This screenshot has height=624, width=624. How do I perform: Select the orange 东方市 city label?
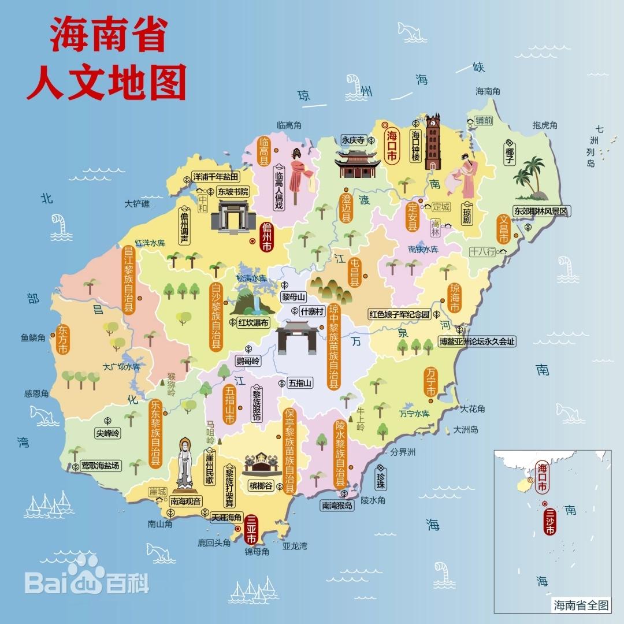pyautogui.click(x=62, y=340)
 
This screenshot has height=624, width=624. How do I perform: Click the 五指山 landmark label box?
pyautogui.click(x=300, y=382)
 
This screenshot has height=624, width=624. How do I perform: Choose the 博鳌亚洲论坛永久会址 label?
pyautogui.click(x=477, y=341)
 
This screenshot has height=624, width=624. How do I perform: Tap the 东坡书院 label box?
pyautogui.click(x=232, y=191)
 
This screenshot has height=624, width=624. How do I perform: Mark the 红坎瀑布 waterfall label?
pyautogui.click(x=253, y=322)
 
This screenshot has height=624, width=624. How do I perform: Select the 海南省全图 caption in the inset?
pyautogui.click(x=581, y=605)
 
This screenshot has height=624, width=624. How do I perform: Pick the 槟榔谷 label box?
pyautogui.click(x=261, y=485)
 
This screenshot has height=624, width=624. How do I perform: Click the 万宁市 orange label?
pyautogui.click(x=430, y=382)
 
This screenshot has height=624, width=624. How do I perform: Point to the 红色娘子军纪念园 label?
pyautogui.click(x=400, y=314)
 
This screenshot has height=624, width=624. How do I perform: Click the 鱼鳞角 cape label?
pyautogui.click(x=33, y=338)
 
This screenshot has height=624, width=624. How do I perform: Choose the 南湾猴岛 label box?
pyautogui.click(x=345, y=505)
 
